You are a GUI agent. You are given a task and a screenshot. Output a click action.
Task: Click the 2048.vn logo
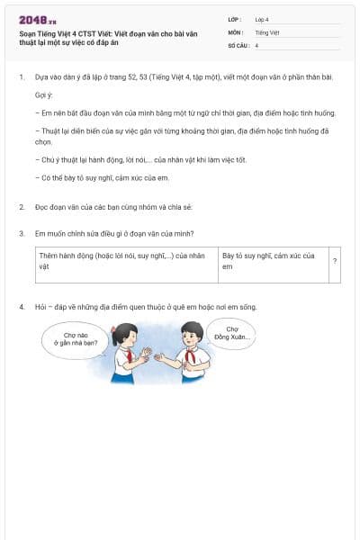pos(38,20)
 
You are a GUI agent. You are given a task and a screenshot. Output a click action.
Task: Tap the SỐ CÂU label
pos(238,45)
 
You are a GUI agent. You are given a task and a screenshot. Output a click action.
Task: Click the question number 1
pos(21,77)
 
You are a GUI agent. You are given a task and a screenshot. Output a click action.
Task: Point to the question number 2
pos(21,207)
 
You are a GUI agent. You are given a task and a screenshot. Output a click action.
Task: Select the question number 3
pos(21,234)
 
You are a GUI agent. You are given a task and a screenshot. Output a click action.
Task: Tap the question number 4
pos(21,307)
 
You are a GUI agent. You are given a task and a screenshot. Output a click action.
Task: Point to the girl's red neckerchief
pos(130,355)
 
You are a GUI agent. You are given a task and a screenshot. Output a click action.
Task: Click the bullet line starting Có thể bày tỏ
pos(99,178)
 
